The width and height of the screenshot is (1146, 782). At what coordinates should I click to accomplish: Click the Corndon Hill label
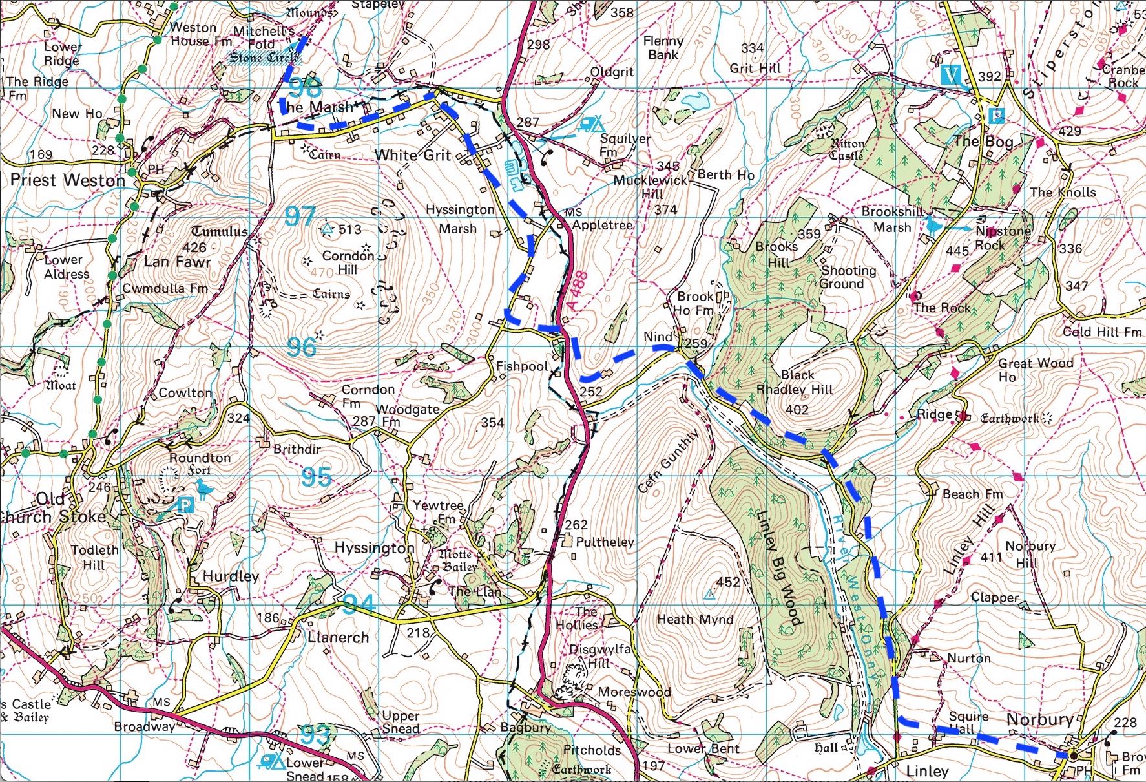pos(348,262)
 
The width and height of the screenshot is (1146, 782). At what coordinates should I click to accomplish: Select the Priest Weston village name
pos(68,180)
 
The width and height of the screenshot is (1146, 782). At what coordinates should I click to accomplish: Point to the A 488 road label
pos(578,292)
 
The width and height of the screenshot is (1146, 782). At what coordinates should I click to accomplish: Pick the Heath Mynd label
pos(694,619)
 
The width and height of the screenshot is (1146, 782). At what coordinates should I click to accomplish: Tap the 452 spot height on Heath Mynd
pos(727,582)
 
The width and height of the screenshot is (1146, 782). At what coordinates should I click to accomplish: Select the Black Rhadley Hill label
pos(795,383)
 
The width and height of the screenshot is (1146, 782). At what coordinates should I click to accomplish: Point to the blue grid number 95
pos(317,477)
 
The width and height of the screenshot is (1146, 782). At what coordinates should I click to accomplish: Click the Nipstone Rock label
pos(1001,238)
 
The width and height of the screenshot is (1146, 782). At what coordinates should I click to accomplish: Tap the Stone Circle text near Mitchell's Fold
pos(265,58)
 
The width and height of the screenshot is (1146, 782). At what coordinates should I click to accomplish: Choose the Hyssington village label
pos(374,548)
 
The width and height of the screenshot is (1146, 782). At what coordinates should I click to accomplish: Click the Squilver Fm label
pos(624,145)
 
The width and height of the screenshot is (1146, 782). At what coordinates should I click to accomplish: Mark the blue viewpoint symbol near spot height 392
pos(950,75)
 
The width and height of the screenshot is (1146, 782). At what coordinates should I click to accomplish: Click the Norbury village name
pos(1039,719)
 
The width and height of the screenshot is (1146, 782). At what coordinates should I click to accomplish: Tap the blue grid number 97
pos(300,216)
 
